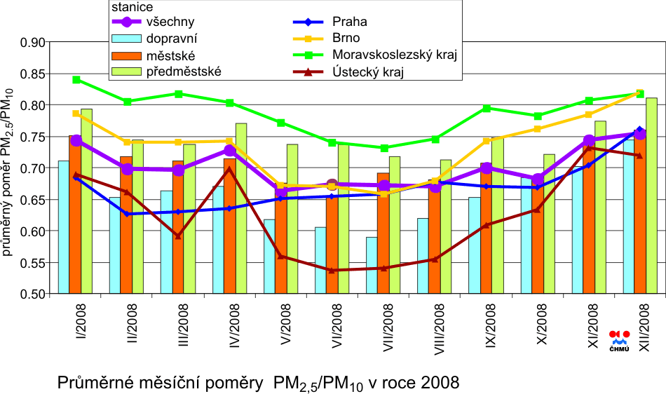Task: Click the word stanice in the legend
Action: (x=134, y=6)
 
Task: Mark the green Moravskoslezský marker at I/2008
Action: (x=76, y=80)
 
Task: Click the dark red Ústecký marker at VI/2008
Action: (x=332, y=270)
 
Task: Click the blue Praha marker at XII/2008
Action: (x=639, y=130)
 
